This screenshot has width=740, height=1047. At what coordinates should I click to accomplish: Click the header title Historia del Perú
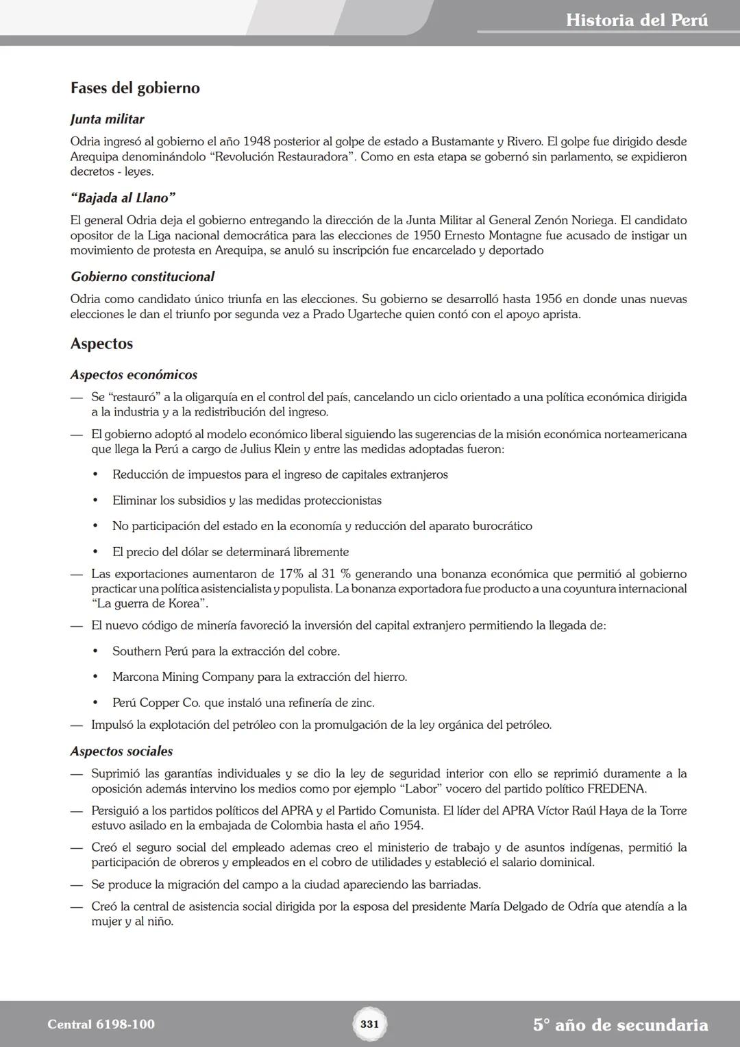(x=637, y=20)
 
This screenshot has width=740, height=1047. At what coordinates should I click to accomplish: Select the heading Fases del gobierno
(x=135, y=88)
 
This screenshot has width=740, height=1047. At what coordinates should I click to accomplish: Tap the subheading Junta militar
(x=107, y=119)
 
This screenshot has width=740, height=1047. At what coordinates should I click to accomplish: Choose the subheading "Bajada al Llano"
(x=123, y=198)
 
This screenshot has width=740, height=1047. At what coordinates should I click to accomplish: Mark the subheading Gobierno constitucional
(x=142, y=277)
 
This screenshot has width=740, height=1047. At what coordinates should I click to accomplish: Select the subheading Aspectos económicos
(x=134, y=375)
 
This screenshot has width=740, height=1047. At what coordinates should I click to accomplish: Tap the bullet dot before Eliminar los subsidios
(x=96, y=501)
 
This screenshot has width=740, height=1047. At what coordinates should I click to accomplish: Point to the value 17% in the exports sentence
(x=292, y=574)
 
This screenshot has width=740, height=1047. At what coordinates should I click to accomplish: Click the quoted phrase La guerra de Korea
(x=149, y=603)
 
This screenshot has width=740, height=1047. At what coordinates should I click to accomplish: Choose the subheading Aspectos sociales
(x=121, y=751)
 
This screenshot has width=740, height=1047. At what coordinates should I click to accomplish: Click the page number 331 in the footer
(x=369, y=1024)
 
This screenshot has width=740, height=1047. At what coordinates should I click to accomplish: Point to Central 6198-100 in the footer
(x=101, y=1024)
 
